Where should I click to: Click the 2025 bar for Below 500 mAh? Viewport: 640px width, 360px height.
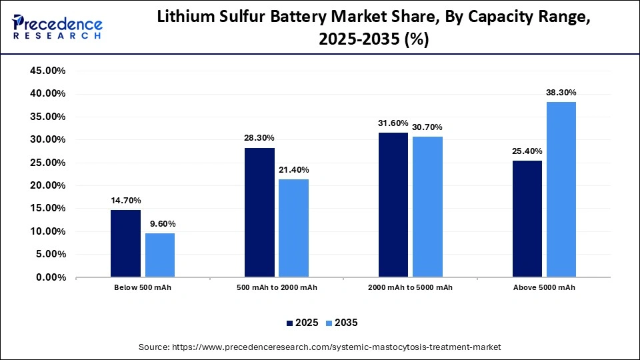[125, 243]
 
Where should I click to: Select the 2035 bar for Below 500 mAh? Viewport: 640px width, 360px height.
[160, 255]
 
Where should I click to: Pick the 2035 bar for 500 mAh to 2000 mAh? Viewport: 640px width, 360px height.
[294, 228]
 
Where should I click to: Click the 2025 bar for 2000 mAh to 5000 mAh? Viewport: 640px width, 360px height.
[393, 205]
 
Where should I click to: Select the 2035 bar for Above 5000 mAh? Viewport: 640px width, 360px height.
[561, 189]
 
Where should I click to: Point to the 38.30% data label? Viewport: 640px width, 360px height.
[561, 93]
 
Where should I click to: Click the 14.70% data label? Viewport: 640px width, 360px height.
[125, 201]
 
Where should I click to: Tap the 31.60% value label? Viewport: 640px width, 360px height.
[393, 123]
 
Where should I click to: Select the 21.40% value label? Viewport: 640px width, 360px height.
[294, 170]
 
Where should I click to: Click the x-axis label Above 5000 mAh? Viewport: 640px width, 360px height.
[544, 287]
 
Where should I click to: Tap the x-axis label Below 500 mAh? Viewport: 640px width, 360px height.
[143, 287]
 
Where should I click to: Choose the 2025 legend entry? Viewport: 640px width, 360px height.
[301, 323]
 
